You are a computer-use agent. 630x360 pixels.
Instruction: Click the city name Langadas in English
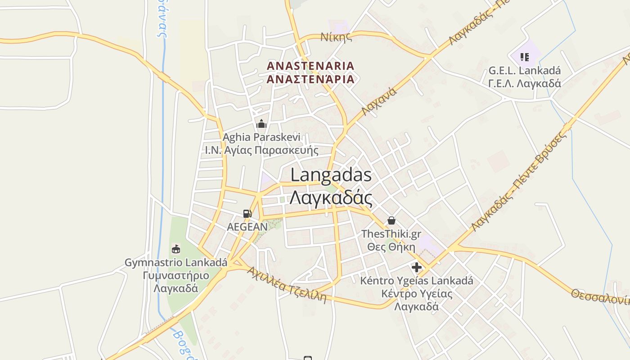[x=331, y=175]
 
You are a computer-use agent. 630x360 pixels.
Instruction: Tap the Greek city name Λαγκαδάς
[x=331, y=197]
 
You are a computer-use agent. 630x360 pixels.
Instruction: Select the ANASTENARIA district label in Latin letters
[x=310, y=66]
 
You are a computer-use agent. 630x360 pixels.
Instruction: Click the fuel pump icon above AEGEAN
[x=247, y=214]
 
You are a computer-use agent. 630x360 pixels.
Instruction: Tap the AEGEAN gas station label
[x=247, y=227]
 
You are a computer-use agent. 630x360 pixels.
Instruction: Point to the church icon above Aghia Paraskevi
[x=261, y=124]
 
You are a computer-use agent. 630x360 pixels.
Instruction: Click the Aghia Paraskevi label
[x=261, y=137]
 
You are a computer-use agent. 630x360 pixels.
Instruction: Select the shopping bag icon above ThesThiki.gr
[x=391, y=220]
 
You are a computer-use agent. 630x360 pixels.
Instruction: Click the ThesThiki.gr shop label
[x=391, y=234]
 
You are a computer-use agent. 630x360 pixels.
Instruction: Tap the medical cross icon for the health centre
[x=417, y=267]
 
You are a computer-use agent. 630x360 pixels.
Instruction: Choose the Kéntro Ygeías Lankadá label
[x=417, y=281]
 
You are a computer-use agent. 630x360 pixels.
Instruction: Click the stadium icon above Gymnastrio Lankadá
[x=176, y=249]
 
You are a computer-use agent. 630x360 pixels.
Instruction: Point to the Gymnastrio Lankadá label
[x=176, y=262]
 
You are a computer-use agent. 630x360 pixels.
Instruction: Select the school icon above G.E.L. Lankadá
[x=524, y=57]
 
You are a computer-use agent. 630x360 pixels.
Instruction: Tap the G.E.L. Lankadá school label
[x=525, y=71]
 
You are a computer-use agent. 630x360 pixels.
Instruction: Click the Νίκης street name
[x=336, y=37]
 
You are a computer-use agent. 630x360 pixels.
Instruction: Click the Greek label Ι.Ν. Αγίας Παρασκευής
[x=261, y=150]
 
